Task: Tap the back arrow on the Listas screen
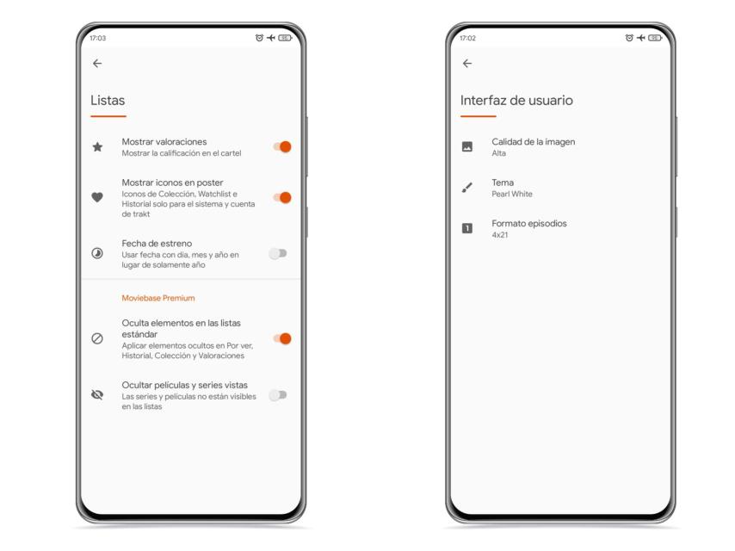(97, 64)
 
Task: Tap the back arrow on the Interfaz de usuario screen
(466, 64)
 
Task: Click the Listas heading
(108, 101)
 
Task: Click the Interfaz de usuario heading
(516, 101)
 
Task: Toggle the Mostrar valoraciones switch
(282, 146)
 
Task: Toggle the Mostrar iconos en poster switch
(282, 197)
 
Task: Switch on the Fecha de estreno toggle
(278, 254)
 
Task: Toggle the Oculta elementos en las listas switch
(282, 338)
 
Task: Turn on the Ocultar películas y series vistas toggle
(278, 395)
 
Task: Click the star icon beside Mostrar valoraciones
(97, 147)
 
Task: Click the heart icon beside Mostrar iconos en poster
(97, 197)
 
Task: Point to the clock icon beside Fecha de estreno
(97, 254)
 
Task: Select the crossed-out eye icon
(97, 395)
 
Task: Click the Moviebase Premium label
(158, 298)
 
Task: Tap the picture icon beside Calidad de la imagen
(466, 146)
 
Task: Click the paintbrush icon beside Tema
(466, 188)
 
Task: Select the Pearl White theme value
(512, 194)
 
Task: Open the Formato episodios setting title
(529, 223)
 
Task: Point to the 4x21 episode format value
(500, 234)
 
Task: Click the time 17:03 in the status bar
(98, 38)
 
